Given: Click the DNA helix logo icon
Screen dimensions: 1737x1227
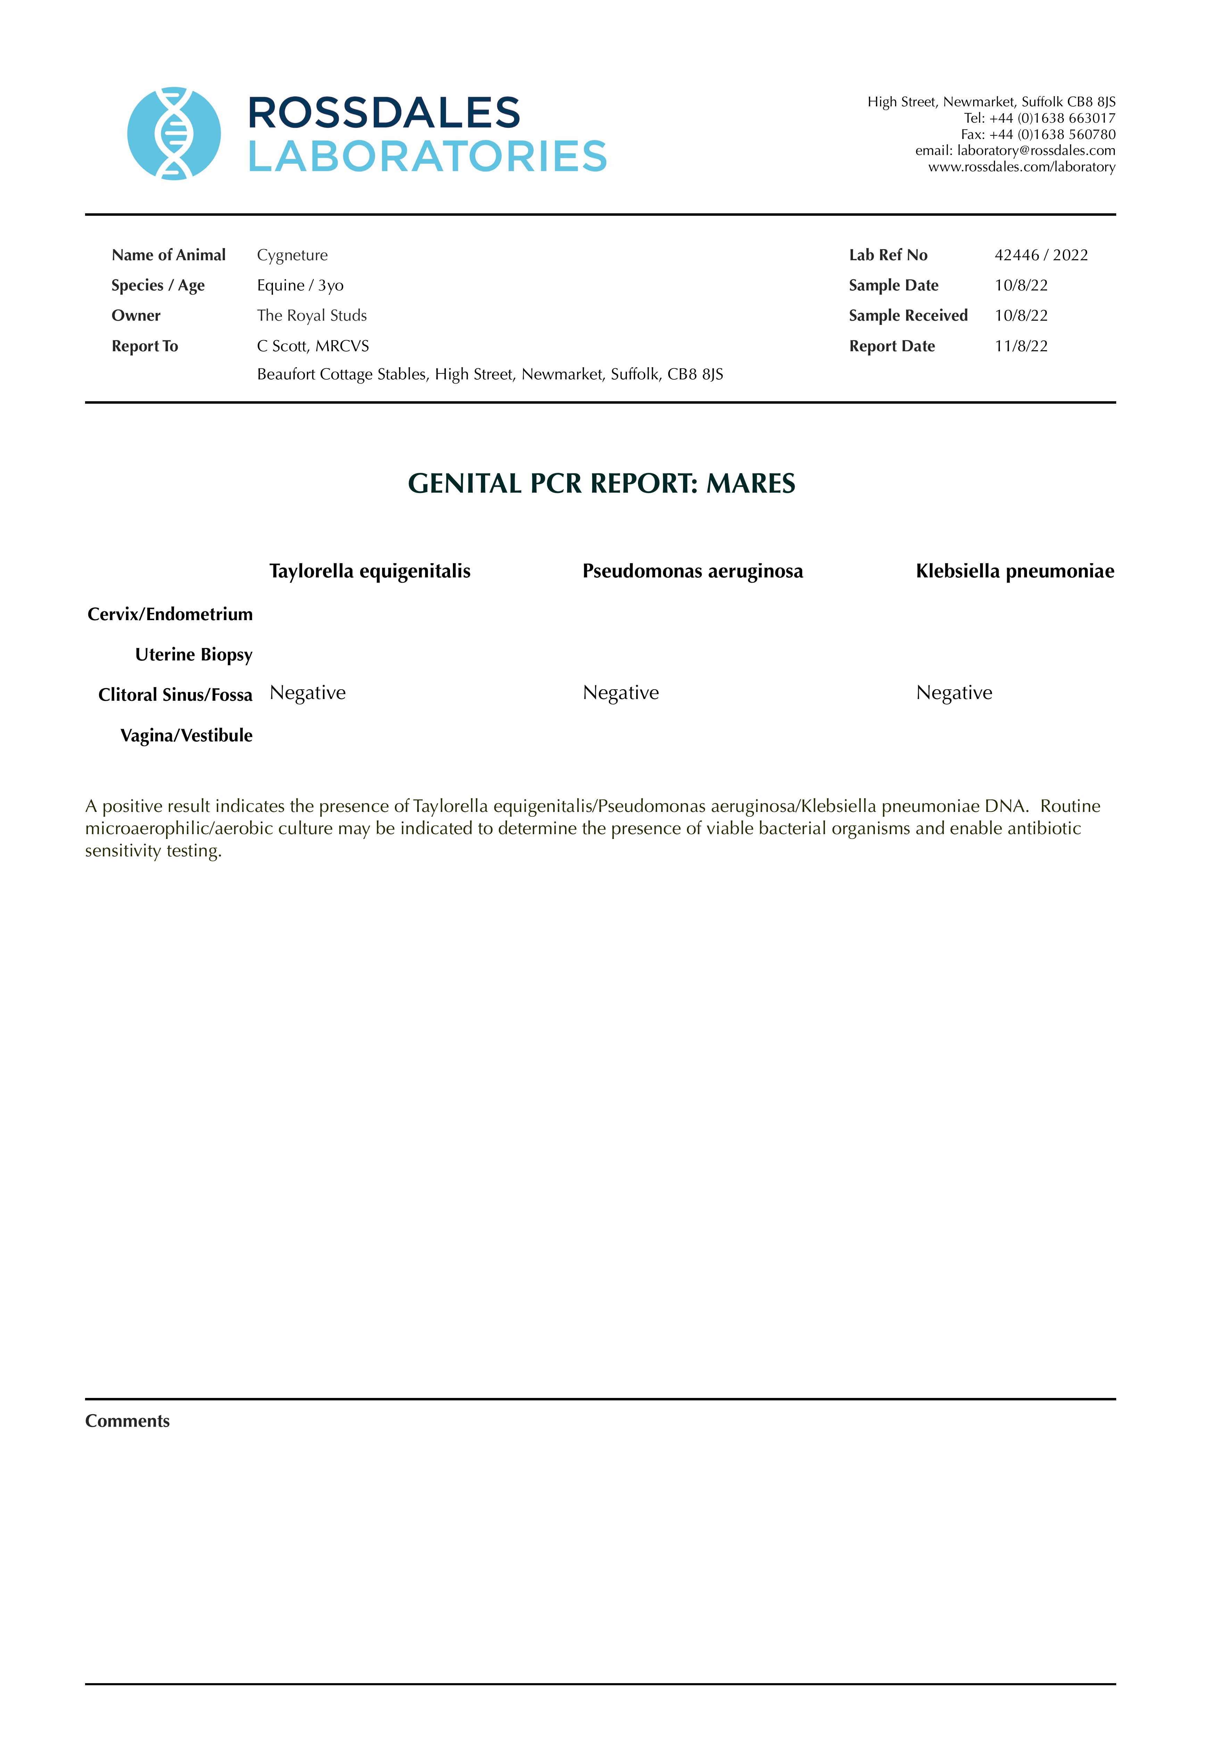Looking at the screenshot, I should pos(174,134).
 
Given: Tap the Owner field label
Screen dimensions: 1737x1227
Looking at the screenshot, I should pos(136,315).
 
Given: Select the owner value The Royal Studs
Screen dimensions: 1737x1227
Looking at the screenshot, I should pos(312,315).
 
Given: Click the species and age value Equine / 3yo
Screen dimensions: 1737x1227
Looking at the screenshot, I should pos(300,285).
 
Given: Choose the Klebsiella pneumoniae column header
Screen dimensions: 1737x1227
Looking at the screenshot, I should pos(1014,571).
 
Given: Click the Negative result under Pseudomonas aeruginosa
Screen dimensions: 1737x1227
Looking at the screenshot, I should pos(620,693).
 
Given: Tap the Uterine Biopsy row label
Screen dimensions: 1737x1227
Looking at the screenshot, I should pos(194,655).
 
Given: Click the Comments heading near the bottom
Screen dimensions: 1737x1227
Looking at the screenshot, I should pos(127,1421).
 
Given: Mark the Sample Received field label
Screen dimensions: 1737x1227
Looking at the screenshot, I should pos(908,315).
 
